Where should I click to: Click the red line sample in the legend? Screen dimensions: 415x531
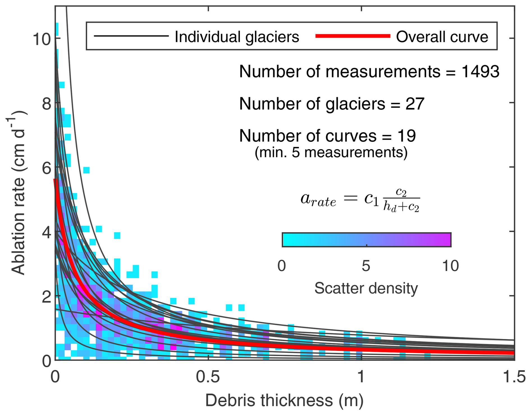pos(353,36)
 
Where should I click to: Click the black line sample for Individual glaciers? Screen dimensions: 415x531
pos(131,36)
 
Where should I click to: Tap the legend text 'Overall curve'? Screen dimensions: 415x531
pos(442,37)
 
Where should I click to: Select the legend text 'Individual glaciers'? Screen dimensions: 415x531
pos(237,37)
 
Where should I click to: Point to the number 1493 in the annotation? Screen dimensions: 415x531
pos(480,72)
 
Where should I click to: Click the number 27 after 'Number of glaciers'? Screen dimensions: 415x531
pos(415,104)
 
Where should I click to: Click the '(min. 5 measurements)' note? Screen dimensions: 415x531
pos(331,152)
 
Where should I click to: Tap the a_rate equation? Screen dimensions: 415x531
pos(360,200)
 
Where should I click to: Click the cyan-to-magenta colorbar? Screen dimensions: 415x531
pos(366,240)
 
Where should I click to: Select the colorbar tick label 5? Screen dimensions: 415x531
pos(366,265)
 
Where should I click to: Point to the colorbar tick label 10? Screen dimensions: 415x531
pos(450,265)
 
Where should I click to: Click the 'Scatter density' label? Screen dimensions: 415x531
pos(366,288)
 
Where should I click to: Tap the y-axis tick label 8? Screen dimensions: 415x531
pos(47,104)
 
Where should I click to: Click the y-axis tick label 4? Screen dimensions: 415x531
pos(47,232)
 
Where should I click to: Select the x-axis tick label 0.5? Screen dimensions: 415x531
pos(208,377)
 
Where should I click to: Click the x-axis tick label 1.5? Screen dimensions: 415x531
pos(514,377)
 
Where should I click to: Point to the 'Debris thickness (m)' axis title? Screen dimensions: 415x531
pos(284,400)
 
